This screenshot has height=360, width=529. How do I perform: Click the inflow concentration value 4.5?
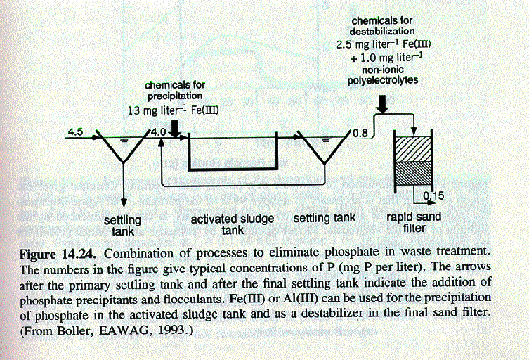75,131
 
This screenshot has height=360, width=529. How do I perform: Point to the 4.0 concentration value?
158,131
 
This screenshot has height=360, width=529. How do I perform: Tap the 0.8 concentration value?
360,133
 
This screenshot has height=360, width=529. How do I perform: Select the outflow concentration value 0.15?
433,195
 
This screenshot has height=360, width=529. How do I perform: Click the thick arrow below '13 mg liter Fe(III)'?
175,129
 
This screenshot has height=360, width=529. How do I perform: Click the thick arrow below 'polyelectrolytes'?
382,104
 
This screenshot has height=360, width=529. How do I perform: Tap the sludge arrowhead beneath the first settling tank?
124,202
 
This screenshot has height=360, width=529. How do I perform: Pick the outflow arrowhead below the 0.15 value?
431,202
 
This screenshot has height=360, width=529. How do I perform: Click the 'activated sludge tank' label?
233,224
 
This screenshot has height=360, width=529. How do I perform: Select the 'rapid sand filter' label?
414,223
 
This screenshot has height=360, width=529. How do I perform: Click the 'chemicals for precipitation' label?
175,90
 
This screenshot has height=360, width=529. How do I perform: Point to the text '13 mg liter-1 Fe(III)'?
174,110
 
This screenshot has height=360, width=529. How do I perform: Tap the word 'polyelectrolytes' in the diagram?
383,81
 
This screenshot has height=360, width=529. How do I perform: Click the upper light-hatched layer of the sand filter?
413,149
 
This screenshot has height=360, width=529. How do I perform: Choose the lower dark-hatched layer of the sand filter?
413,173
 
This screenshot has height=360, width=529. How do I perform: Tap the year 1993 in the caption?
174,330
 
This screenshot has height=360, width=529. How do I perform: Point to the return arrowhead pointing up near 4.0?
162,143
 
